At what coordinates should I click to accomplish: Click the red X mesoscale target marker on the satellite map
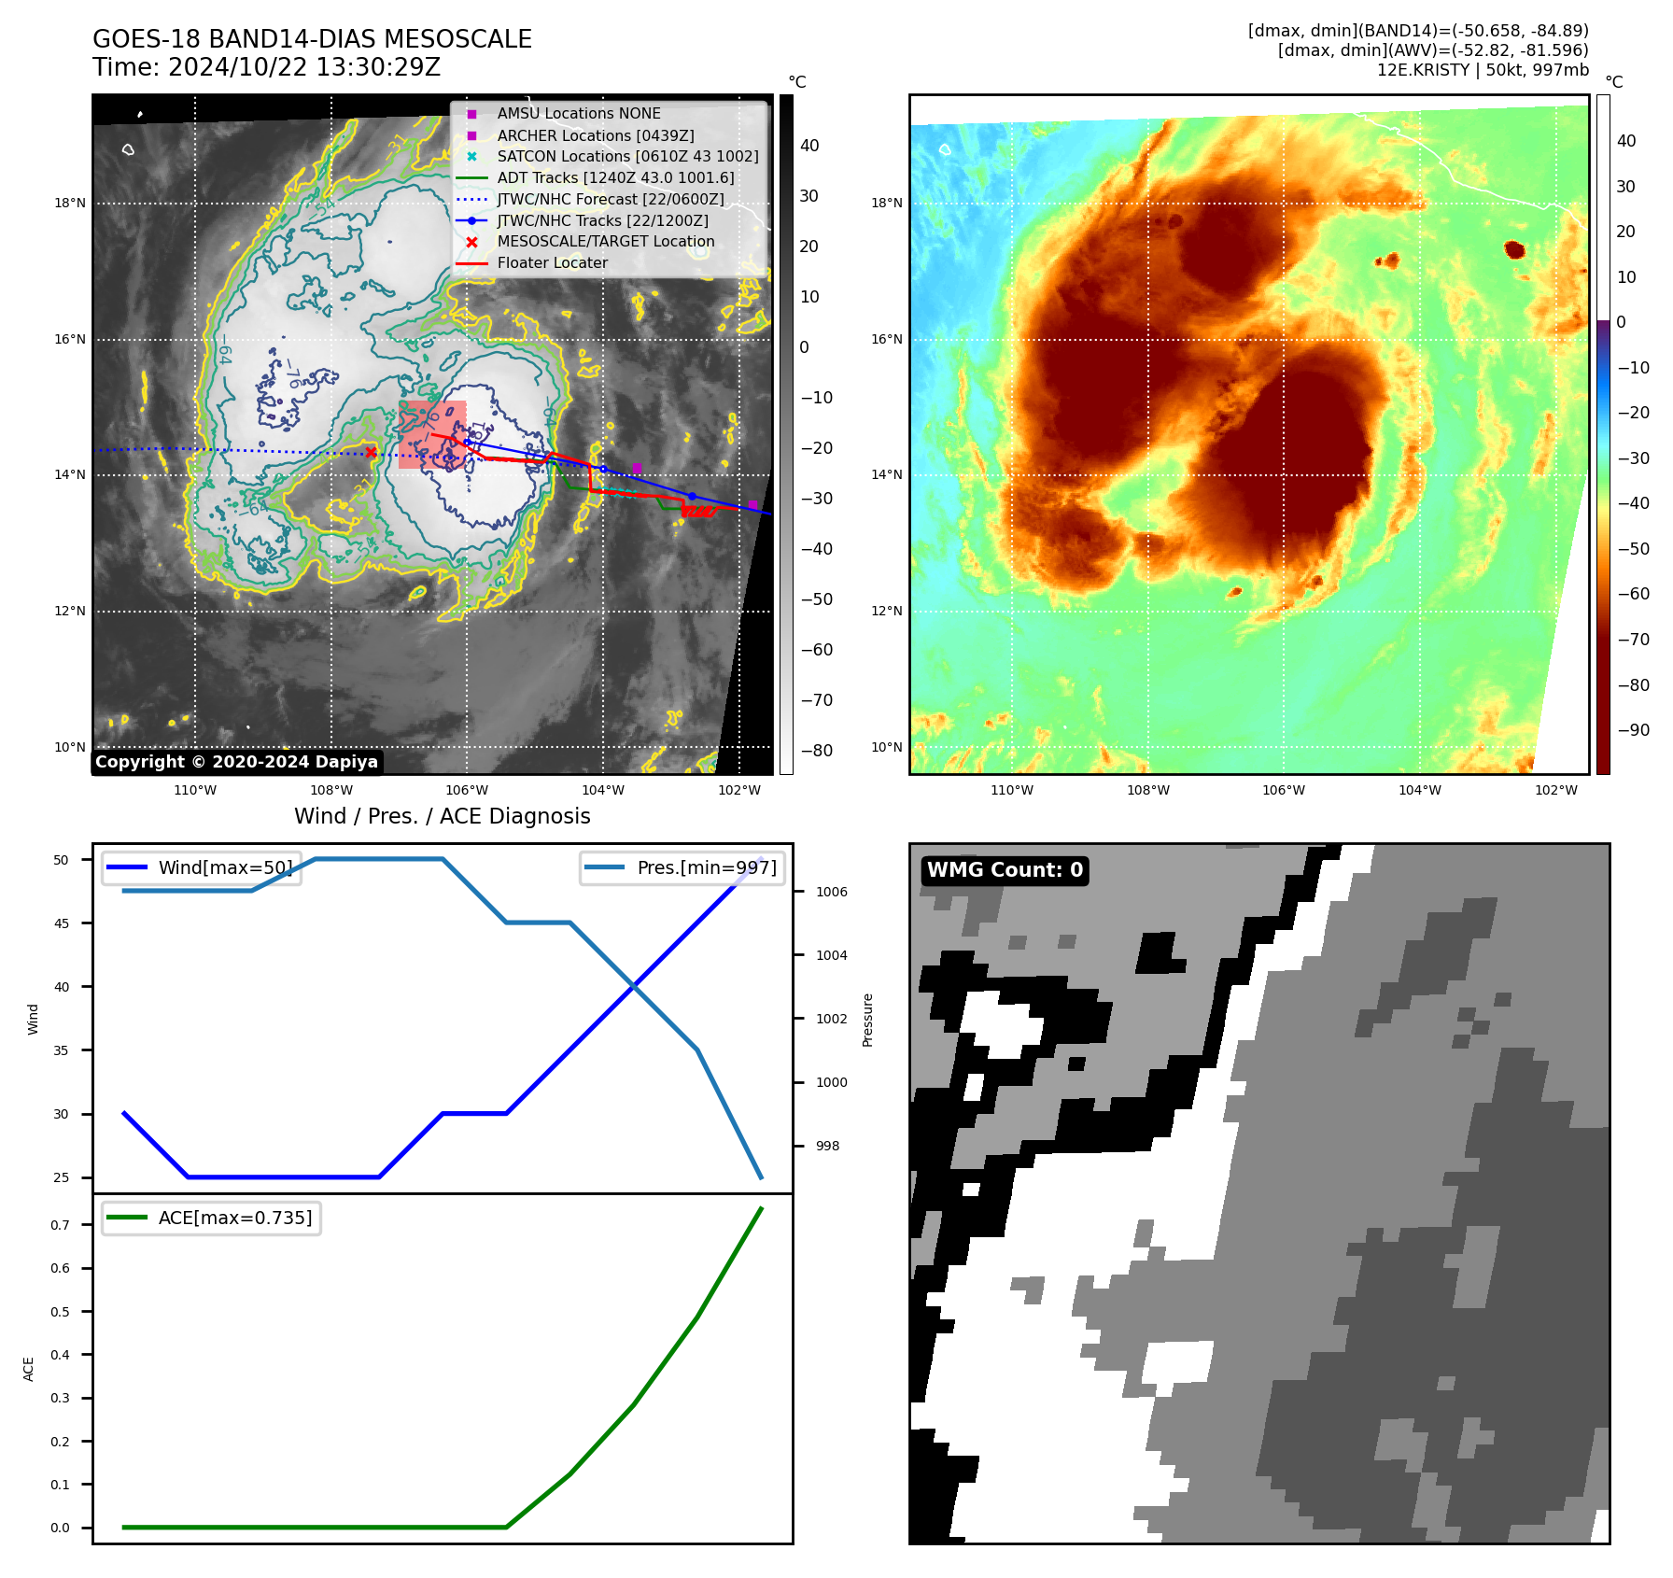(x=371, y=453)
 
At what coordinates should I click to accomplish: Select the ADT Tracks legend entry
(x=615, y=177)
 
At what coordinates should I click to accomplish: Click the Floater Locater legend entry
(x=552, y=263)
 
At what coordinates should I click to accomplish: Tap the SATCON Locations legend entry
(x=627, y=156)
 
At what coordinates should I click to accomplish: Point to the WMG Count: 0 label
(x=1005, y=870)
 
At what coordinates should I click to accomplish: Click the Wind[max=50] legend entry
(x=225, y=867)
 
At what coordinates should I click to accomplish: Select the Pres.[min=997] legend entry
(x=706, y=867)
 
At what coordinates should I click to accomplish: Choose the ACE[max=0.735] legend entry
(x=234, y=1219)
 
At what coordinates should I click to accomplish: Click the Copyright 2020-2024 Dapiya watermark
(x=236, y=762)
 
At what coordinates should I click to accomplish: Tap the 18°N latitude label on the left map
(x=70, y=204)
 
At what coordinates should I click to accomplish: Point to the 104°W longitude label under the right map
(x=1419, y=791)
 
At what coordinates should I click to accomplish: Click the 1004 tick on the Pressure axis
(x=831, y=955)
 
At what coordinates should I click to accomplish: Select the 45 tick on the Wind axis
(x=62, y=923)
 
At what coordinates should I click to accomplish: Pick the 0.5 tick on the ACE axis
(x=60, y=1312)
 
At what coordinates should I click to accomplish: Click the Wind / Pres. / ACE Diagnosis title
(x=442, y=817)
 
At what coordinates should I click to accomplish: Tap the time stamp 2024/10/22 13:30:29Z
(x=303, y=67)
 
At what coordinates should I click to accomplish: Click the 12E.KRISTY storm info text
(x=1482, y=70)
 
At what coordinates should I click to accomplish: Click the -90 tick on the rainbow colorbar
(x=1633, y=730)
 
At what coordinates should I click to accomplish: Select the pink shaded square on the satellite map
(x=431, y=434)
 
